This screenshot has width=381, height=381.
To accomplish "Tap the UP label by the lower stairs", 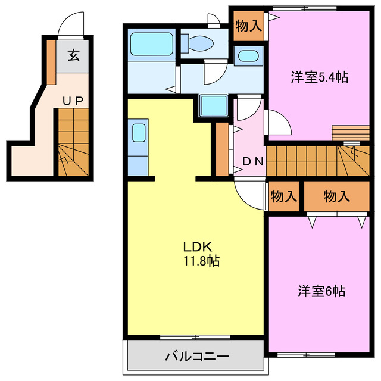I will (73, 101).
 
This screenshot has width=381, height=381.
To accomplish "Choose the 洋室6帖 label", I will (321, 291).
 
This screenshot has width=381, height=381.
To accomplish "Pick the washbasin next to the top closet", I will (246, 57).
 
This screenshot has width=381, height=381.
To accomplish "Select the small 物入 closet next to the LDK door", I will (283, 196).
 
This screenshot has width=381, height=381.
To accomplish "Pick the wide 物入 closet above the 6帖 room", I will (336, 196).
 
